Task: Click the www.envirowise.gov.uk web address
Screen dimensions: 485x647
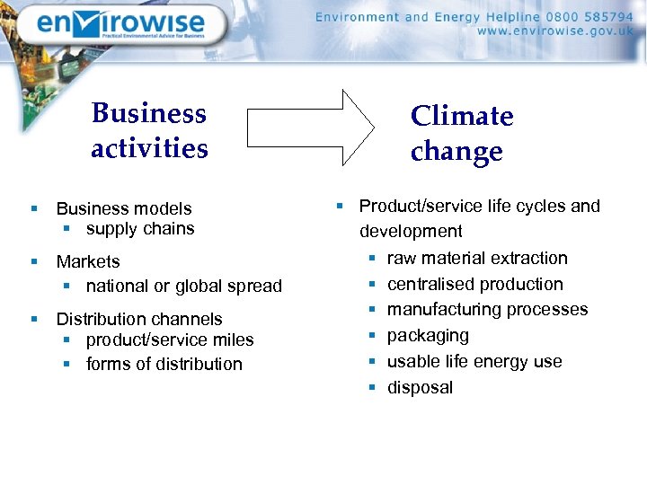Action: (x=554, y=31)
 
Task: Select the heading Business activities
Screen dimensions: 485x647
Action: (x=149, y=130)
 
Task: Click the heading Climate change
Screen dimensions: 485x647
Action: (x=462, y=133)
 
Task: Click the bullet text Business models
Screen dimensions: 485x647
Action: (x=124, y=208)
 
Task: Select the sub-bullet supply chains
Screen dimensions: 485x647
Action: (x=140, y=229)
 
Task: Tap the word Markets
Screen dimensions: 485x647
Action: (x=88, y=261)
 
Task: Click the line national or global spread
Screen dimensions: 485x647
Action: (x=184, y=286)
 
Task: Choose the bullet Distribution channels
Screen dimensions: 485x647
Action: (x=139, y=319)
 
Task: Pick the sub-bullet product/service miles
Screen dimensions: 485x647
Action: (x=170, y=339)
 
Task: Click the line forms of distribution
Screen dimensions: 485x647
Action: (x=164, y=364)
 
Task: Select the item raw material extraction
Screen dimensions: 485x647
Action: (x=477, y=259)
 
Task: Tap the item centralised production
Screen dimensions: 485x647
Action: (x=475, y=284)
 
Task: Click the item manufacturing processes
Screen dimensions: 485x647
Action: (x=487, y=310)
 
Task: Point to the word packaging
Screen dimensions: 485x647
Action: (x=428, y=336)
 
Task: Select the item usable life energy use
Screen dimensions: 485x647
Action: (x=474, y=362)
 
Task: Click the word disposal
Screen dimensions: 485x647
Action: (x=420, y=388)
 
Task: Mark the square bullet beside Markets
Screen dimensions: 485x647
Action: (x=33, y=261)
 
